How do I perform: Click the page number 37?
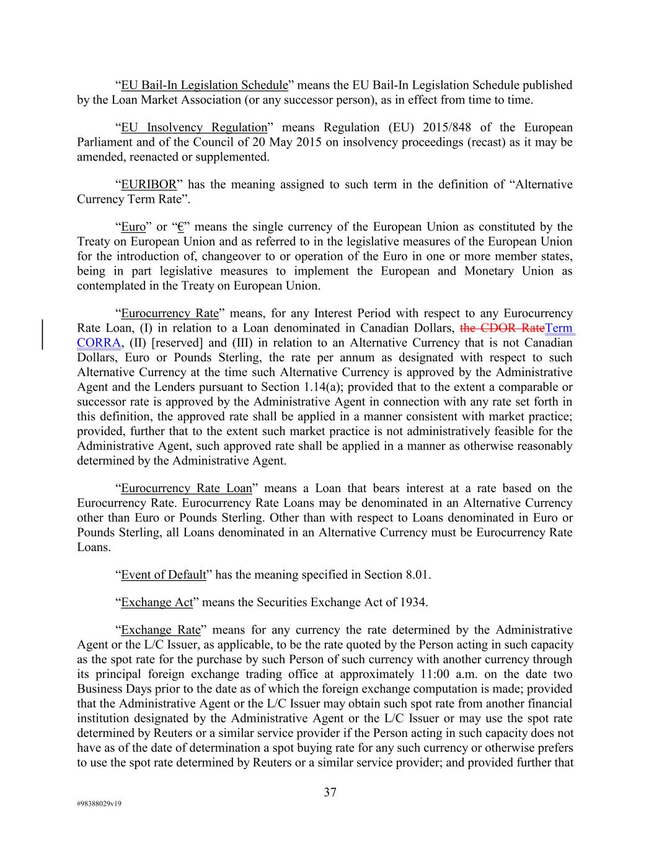click(330, 792)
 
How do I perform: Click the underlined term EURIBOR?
click(148, 185)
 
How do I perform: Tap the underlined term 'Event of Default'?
click(163, 575)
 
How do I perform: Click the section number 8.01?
click(417, 575)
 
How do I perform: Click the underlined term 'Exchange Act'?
click(157, 602)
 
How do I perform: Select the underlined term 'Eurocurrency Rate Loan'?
click(186, 488)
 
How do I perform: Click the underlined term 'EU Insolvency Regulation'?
click(193, 128)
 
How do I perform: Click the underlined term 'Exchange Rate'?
click(161, 630)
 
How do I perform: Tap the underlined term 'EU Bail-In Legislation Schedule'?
click(205, 86)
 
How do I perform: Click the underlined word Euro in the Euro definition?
click(133, 227)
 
